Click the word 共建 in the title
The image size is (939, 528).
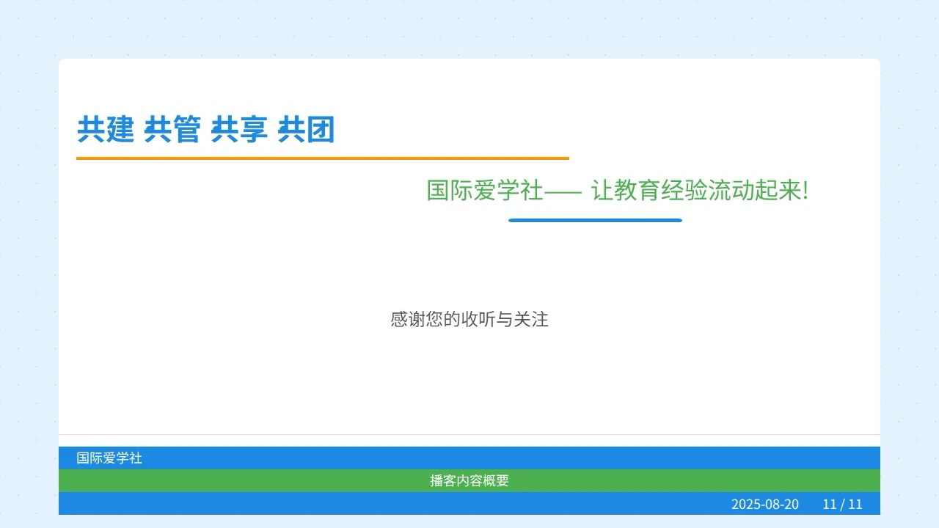click(106, 129)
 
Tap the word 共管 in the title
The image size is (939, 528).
click(172, 129)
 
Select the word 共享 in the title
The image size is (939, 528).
click(239, 129)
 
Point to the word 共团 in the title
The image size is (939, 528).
click(306, 129)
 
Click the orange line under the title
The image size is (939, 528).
click(323, 158)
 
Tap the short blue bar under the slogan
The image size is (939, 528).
click(595, 221)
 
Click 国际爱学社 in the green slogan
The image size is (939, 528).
click(485, 190)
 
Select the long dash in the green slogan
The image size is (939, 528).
click(563, 192)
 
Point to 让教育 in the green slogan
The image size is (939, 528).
click(626, 190)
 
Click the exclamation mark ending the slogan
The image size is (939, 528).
click(805, 190)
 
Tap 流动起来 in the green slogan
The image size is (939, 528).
click(754, 190)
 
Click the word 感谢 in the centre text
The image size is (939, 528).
click(408, 319)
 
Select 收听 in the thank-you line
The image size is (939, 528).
click(478, 319)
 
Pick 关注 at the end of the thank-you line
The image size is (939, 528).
click(531, 319)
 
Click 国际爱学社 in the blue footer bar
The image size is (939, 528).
click(109, 458)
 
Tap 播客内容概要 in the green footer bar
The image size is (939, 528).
click(469, 480)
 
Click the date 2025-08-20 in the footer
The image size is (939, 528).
click(765, 504)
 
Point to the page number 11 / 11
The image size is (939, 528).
click(843, 504)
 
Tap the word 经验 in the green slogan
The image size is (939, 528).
click(684, 190)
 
